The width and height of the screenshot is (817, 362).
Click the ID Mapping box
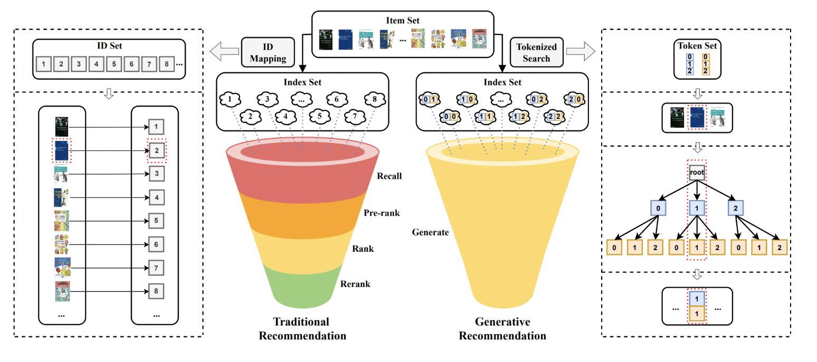(268, 52)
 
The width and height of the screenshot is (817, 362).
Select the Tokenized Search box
(536, 52)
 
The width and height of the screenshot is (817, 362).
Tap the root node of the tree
(697, 173)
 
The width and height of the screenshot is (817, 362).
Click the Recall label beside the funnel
(389, 176)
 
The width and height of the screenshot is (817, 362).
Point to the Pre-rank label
(382, 213)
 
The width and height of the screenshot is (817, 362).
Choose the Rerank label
(355, 284)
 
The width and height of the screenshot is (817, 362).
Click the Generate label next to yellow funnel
(430, 232)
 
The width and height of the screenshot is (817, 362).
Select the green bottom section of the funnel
(300, 285)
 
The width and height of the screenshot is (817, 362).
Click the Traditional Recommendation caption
(302, 329)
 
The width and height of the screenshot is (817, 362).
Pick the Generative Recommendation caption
(502, 329)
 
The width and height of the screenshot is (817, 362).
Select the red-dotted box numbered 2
(156, 150)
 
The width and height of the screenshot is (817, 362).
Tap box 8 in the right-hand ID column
(156, 291)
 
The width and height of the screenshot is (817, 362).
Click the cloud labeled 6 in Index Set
(335, 99)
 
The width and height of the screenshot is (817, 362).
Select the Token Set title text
(697, 45)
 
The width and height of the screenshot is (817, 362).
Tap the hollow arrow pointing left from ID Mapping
(223, 52)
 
